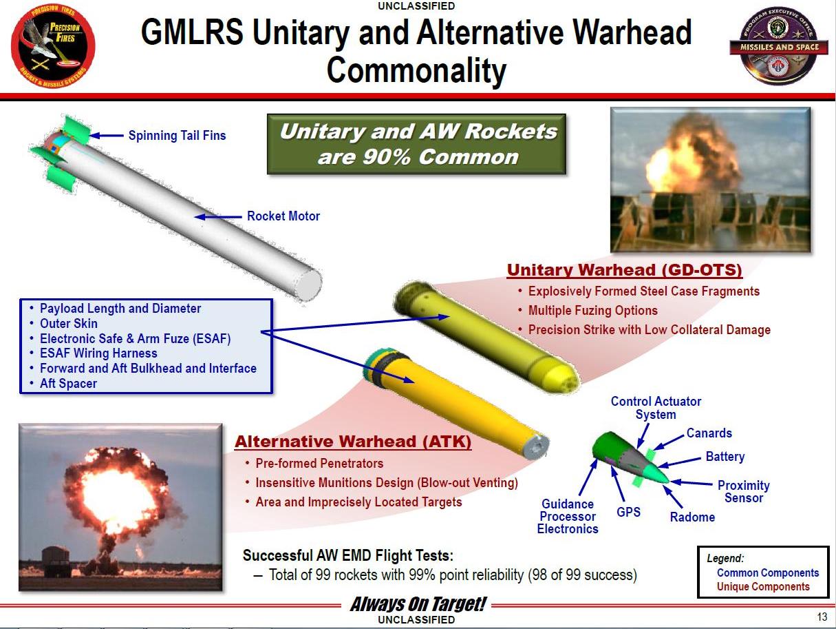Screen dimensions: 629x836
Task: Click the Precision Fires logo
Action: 53,43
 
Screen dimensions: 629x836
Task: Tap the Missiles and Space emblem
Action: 774,47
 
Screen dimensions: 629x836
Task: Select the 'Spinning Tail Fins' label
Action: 177,136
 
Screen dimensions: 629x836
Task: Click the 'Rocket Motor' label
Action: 283,216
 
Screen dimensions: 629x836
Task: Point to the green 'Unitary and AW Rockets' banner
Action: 417,144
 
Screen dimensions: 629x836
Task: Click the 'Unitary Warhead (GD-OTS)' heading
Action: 624,269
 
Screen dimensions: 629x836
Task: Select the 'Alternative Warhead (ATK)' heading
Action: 353,442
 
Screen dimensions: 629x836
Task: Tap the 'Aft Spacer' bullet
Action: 68,384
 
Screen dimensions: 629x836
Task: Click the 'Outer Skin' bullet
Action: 68,324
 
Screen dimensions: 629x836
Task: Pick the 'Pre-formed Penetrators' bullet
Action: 319,464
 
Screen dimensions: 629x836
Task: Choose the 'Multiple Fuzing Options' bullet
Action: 592,311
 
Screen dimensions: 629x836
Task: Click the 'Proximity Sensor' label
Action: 743,492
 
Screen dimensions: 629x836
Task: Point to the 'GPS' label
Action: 628,513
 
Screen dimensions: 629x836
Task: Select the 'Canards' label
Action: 709,433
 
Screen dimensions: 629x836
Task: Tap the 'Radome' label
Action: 692,517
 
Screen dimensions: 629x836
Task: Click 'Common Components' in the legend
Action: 767,573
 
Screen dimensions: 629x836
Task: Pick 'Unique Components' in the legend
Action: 763,587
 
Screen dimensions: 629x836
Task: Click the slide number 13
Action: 822,616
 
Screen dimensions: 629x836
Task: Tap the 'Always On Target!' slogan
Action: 418,605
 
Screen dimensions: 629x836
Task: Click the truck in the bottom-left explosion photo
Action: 56,561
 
